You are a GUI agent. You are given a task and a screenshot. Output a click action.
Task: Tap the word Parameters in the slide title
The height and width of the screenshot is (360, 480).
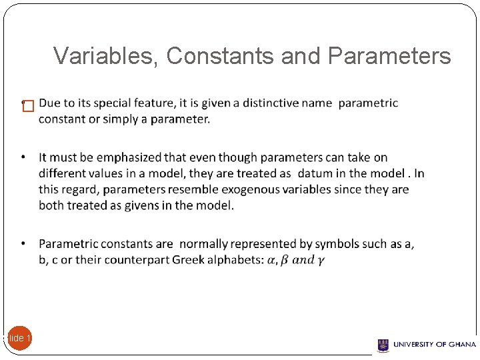390,57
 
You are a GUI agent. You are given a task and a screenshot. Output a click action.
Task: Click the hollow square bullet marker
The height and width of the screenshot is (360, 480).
27,107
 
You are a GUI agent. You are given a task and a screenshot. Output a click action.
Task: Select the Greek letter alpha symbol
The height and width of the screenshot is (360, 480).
271,261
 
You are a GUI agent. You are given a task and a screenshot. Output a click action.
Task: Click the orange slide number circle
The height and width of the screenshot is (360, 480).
19,338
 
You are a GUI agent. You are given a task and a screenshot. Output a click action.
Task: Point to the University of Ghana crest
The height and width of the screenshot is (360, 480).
383,345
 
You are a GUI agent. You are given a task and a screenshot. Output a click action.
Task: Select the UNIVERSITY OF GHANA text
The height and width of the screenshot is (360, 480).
435,345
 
